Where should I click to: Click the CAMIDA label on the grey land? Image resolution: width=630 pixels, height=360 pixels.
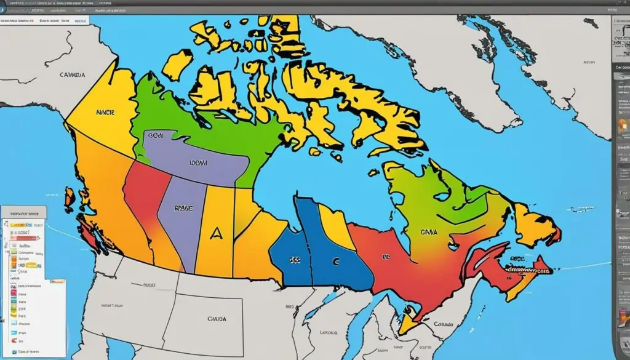pyautogui.click(x=72, y=74)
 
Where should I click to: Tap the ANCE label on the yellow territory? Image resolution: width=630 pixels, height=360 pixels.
pyautogui.click(x=106, y=113)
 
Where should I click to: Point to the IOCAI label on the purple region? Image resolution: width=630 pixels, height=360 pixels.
pyautogui.click(x=198, y=164)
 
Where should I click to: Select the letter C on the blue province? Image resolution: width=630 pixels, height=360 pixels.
pyautogui.click(x=335, y=261)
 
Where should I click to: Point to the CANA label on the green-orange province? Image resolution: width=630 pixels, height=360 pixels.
pyautogui.click(x=428, y=233)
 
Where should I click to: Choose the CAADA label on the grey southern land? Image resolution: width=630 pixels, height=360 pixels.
pyautogui.click(x=216, y=319)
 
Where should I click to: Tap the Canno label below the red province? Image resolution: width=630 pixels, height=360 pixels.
pyautogui.click(x=442, y=324)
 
